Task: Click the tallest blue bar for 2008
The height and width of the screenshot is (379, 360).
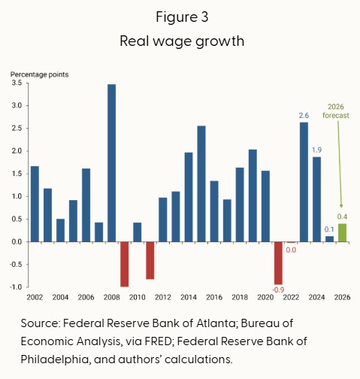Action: [x=112, y=163]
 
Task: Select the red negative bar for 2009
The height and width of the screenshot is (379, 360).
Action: [x=125, y=264]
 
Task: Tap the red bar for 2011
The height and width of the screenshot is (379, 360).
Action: [x=150, y=260]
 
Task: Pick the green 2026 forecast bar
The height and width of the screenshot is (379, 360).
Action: [x=342, y=233]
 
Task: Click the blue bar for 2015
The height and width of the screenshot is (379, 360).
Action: [x=201, y=183]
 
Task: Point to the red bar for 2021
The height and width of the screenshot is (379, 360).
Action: [x=278, y=263]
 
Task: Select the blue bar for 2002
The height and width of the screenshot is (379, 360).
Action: [x=35, y=204]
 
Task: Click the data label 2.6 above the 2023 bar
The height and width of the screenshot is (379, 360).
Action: [x=304, y=116]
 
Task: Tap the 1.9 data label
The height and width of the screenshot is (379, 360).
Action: [x=316, y=150]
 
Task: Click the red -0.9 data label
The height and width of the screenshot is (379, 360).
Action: [x=278, y=290]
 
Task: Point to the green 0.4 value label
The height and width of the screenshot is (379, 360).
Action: [x=342, y=217]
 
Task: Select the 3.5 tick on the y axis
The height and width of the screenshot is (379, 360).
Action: [x=17, y=83]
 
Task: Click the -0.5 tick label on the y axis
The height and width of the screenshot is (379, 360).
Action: [x=16, y=265]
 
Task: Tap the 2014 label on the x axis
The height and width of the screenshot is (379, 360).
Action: [x=189, y=297]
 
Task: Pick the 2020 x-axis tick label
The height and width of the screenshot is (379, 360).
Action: [x=265, y=297]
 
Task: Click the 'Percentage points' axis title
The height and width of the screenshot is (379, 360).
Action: [x=39, y=74]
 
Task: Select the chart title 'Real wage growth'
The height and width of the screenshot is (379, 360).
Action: [x=182, y=41]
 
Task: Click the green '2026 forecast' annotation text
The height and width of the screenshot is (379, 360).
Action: [x=336, y=111]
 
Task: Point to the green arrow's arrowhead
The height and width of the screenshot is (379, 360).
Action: [x=341, y=206]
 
